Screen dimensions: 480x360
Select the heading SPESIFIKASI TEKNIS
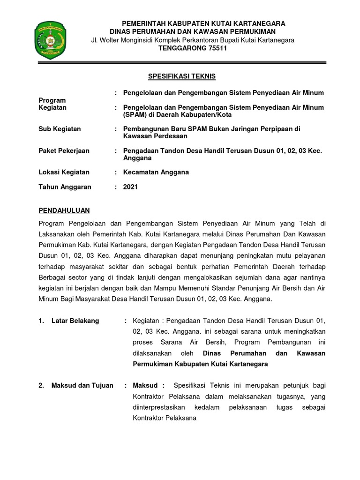click(x=179, y=76)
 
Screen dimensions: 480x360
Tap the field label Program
click(x=52, y=100)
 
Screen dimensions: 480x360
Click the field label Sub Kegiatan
click(x=59, y=129)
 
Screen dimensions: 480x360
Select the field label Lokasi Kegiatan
click(x=63, y=172)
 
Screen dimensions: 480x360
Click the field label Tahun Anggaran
click(x=65, y=187)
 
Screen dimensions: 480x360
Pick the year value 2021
click(x=130, y=187)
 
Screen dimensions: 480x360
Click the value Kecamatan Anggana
click(x=156, y=172)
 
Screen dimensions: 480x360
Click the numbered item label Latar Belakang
click(x=75, y=321)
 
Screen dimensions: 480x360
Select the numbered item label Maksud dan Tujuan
click(x=82, y=385)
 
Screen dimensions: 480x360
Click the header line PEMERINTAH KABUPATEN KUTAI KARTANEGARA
click(x=203, y=23)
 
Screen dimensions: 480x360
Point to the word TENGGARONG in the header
click(x=175, y=49)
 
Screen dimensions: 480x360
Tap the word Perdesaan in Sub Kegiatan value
click(x=172, y=136)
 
